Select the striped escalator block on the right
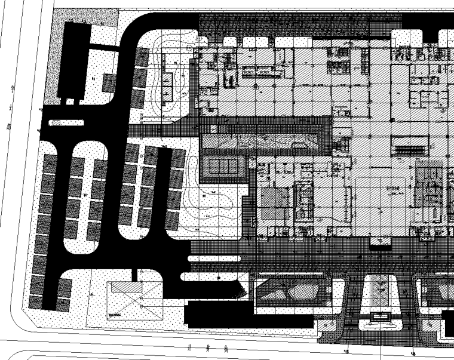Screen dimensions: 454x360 pyautogui.click(x=410, y=144)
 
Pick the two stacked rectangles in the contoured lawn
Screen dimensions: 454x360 pyautogui.click(x=167, y=85)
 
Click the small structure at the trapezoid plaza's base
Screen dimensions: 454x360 pyautogui.click(x=380, y=318)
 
